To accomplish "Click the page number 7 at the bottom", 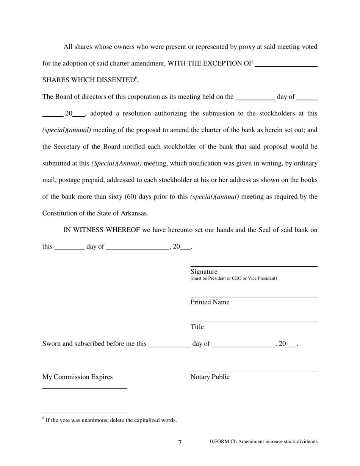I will tap(180, 443).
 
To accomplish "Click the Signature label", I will tap(204, 272).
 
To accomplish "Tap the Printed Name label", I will tap(210, 302).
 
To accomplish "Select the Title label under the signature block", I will tap(197, 327).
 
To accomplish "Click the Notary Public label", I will tap(210, 377).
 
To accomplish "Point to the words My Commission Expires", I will tap(77, 377).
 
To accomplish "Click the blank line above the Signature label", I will tap(254, 266).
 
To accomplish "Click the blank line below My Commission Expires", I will tap(85, 388).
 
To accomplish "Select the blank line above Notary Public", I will tap(254, 372).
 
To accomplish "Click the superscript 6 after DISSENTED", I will tap(136, 78).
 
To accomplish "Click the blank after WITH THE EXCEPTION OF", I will tap(286, 66).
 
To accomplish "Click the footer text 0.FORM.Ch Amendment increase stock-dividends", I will tap(264, 441).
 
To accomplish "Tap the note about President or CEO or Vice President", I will tap(233, 278).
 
